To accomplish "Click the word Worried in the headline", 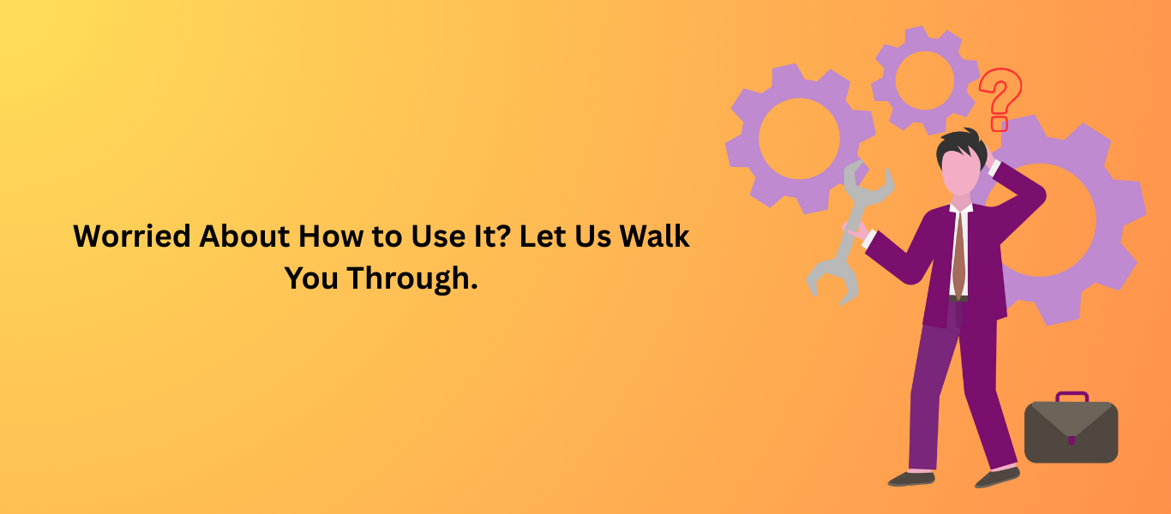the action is click(132, 236).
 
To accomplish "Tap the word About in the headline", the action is click(244, 236).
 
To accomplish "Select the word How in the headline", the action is click(331, 236).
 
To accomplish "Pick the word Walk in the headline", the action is click(654, 236).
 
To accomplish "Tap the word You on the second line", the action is click(311, 278).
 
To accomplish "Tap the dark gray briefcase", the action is click(1071, 432).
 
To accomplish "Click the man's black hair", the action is click(961, 144).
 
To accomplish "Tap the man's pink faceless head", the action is click(961, 172).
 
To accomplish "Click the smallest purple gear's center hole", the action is click(924, 81).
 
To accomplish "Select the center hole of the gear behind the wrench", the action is click(799, 139).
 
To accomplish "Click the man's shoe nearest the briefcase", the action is click(998, 477).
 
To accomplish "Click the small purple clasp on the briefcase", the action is click(1072, 440).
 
